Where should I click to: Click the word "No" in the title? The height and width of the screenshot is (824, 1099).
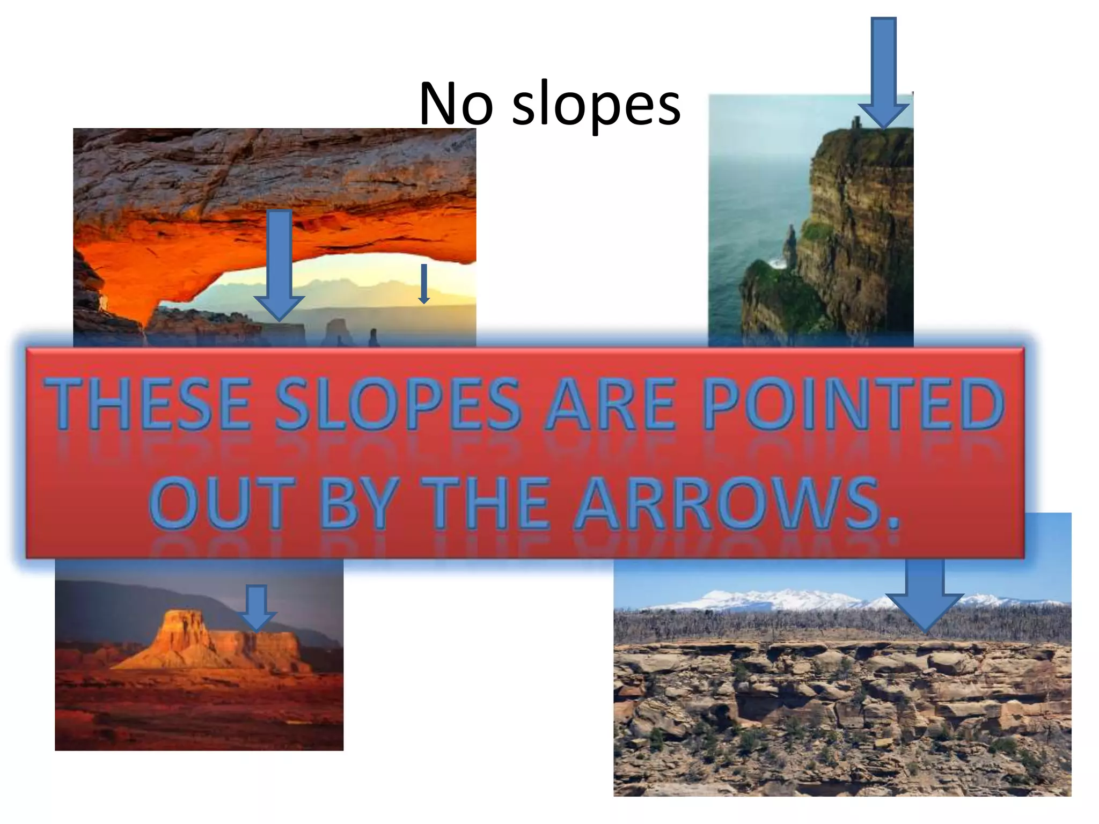click(x=456, y=104)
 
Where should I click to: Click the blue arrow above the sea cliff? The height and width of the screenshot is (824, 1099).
click(x=883, y=70)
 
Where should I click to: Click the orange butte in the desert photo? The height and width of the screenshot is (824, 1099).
click(x=215, y=644)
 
